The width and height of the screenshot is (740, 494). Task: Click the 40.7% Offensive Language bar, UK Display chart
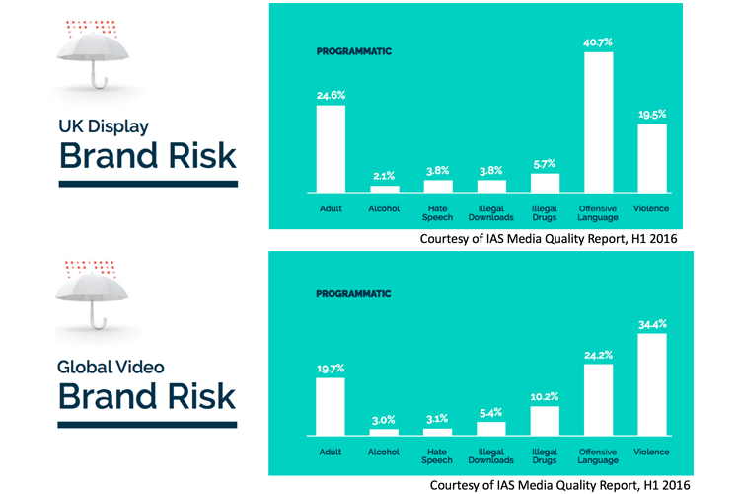tap(599, 122)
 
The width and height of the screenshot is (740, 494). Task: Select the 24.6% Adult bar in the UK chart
tap(331, 148)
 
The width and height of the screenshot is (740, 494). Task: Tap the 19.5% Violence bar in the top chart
tap(652, 157)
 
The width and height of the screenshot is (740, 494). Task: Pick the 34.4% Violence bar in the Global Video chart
tap(652, 384)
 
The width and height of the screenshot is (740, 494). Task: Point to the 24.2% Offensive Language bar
tap(599, 399)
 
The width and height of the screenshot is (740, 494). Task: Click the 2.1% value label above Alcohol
tap(384, 176)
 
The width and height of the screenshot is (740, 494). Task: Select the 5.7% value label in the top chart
tap(546, 164)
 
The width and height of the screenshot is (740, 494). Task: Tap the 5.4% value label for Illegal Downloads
tap(491, 414)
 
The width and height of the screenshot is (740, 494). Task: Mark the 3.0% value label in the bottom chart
tap(384, 420)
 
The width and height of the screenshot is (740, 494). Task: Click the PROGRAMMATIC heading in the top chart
tap(353, 50)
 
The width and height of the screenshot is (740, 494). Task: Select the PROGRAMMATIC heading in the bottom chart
tap(353, 294)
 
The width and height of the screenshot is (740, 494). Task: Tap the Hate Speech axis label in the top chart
tap(438, 212)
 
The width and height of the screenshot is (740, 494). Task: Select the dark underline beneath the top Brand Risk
tap(148, 183)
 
